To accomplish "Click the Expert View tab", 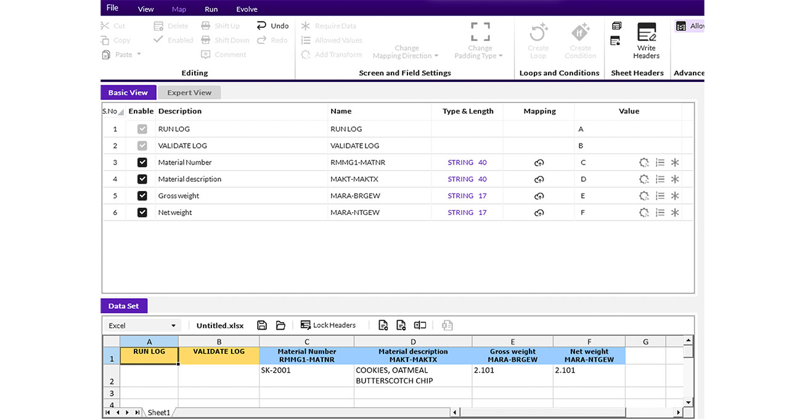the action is (x=189, y=92).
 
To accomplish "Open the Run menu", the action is (x=211, y=9).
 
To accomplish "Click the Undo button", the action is (x=273, y=25).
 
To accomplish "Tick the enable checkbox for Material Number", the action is (x=142, y=163).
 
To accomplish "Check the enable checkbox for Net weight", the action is (x=142, y=213).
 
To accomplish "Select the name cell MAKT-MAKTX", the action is (x=354, y=179).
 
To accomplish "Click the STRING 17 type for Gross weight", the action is (x=467, y=196).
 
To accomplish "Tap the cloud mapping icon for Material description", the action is (x=539, y=179).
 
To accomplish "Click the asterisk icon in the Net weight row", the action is (x=675, y=213).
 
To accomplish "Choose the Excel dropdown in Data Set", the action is (x=142, y=325).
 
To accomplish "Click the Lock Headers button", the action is (x=328, y=325).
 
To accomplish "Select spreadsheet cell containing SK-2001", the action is (x=306, y=375).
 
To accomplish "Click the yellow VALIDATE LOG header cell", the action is (x=219, y=356).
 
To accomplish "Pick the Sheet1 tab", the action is (x=158, y=412).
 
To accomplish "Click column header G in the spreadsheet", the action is (x=645, y=342).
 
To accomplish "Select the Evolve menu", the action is (x=247, y=9).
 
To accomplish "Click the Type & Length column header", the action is (x=468, y=111).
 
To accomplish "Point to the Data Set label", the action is (x=124, y=306).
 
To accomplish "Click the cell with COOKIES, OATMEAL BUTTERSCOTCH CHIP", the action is (x=413, y=375).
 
